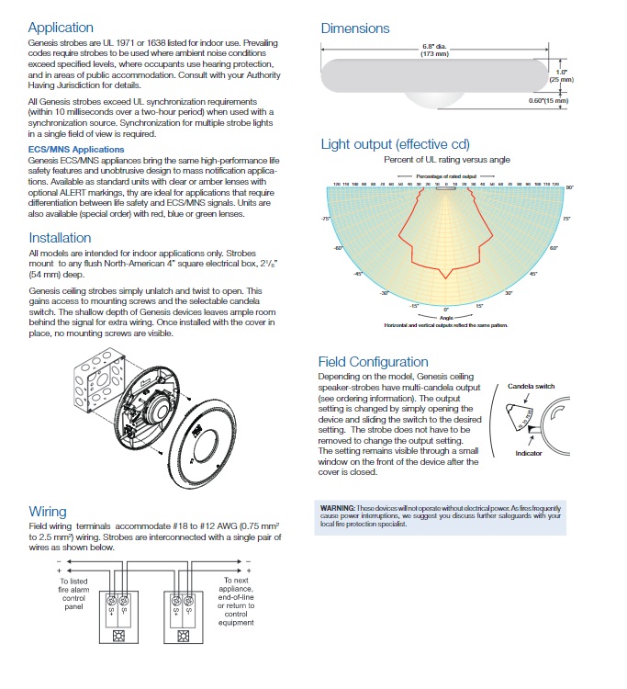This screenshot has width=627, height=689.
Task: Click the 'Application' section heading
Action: pos(61,28)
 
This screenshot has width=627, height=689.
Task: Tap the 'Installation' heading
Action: pos(60,238)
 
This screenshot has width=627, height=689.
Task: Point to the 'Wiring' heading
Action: pos(48,512)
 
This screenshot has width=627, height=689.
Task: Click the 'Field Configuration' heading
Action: pos(373,362)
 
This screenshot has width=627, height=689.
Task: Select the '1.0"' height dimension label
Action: pos(561,72)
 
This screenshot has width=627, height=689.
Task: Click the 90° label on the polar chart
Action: pos(569,187)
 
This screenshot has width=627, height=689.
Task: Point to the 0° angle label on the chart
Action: pos(445,309)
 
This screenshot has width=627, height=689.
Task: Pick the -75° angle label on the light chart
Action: pos(325,219)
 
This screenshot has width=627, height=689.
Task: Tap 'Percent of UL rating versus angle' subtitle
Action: pos(445,160)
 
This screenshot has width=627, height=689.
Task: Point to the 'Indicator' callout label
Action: pos(528,454)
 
